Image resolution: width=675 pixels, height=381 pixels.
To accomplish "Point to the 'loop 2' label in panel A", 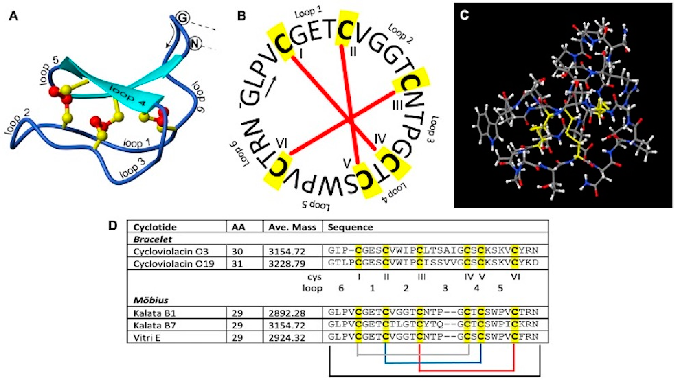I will (x=17, y=125).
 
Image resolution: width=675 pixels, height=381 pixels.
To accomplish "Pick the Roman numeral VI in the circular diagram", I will (x=282, y=143).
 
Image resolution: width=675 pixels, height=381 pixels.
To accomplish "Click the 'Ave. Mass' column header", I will (x=292, y=227).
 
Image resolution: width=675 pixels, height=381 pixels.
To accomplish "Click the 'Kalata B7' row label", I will (x=154, y=325).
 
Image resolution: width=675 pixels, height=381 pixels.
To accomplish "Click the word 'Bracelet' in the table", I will (x=152, y=239).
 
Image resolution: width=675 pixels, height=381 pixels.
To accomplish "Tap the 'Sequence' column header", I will (x=350, y=227).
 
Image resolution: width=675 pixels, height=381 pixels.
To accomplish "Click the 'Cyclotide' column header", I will (x=155, y=227).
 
